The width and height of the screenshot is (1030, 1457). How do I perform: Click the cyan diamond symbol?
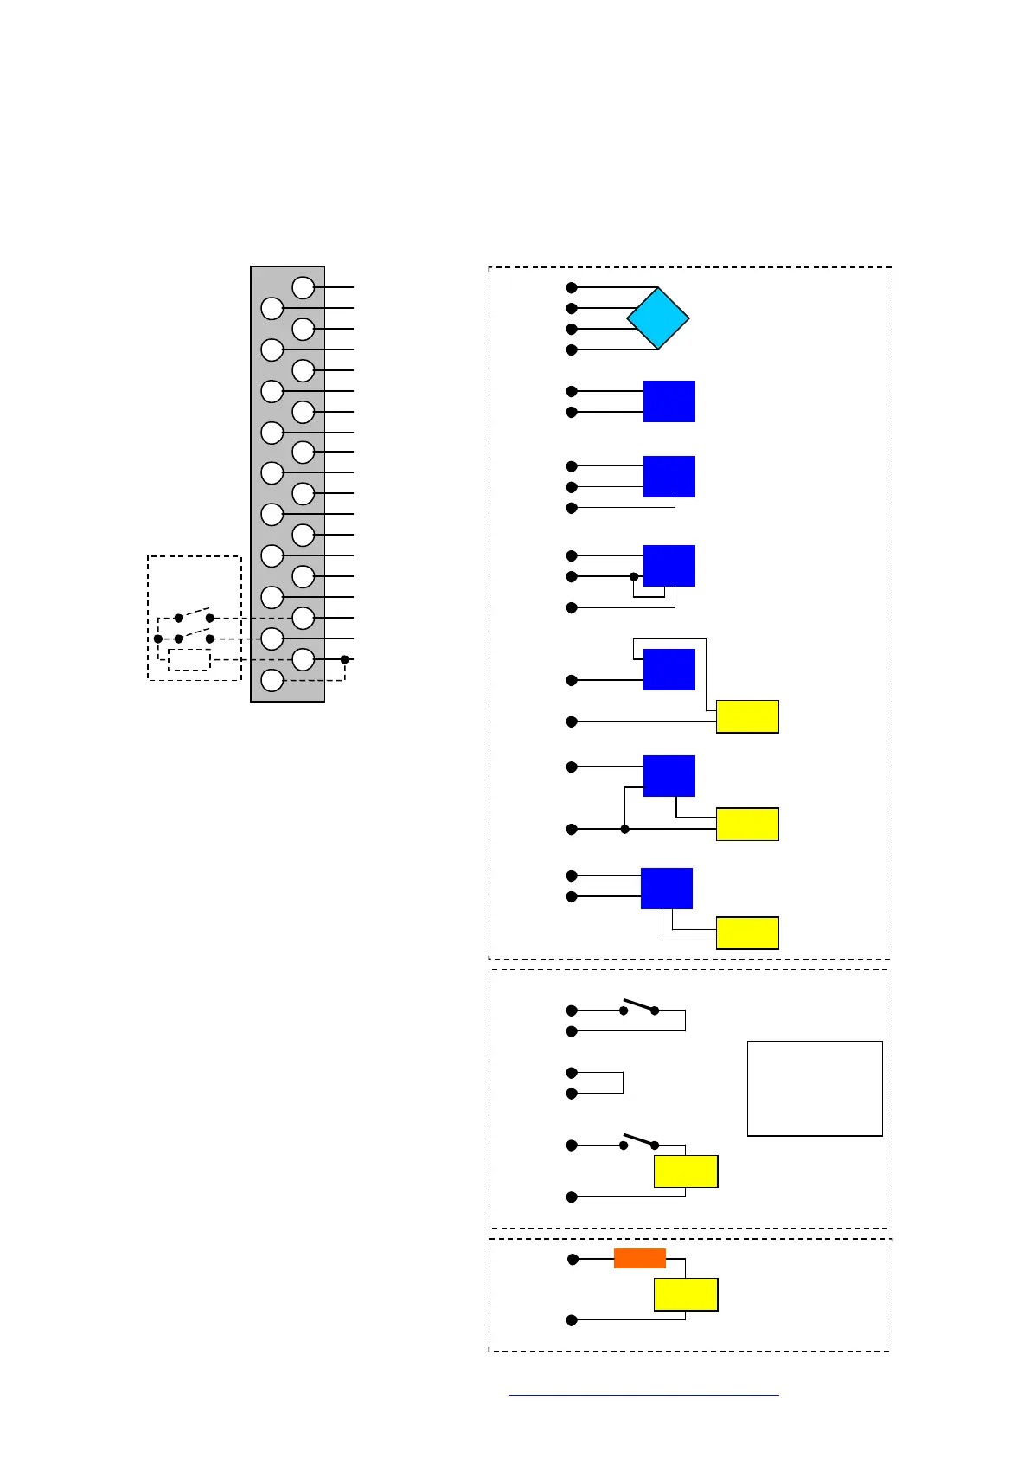click(658, 318)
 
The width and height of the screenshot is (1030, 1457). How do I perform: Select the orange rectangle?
click(639, 1259)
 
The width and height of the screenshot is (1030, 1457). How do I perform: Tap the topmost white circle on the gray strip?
click(303, 287)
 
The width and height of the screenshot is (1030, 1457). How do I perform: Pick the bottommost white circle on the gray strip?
click(272, 680)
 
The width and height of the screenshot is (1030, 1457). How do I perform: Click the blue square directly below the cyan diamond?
click(669, 401)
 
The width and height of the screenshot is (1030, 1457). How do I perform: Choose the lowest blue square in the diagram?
click(666, 889)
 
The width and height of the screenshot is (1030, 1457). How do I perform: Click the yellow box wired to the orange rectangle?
click(686, 1294)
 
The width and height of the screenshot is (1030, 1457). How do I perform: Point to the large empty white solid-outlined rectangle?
click(815, 1088)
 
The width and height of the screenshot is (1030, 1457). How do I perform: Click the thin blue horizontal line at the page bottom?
click(643, 1395)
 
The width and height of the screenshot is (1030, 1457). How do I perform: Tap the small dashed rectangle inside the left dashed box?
click(189, 659)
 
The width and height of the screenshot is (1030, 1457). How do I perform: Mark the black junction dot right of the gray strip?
click(344, 659)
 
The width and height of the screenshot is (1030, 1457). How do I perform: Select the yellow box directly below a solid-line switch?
click(686, 1171)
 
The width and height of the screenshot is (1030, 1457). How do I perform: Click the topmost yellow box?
click(747, 716)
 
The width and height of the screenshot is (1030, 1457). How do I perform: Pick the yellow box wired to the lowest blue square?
click(747, 933)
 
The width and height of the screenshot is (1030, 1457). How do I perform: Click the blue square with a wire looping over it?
click(669, 670)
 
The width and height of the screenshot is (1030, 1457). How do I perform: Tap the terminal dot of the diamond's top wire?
click(572, 287)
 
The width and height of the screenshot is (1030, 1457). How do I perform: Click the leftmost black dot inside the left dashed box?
click(158, 639)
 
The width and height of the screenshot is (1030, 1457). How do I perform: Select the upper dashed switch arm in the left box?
click(195, 612)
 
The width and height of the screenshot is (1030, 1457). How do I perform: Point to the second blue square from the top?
click(669, 477)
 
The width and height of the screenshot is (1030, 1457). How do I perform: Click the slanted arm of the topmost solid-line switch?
click(639, 1005)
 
